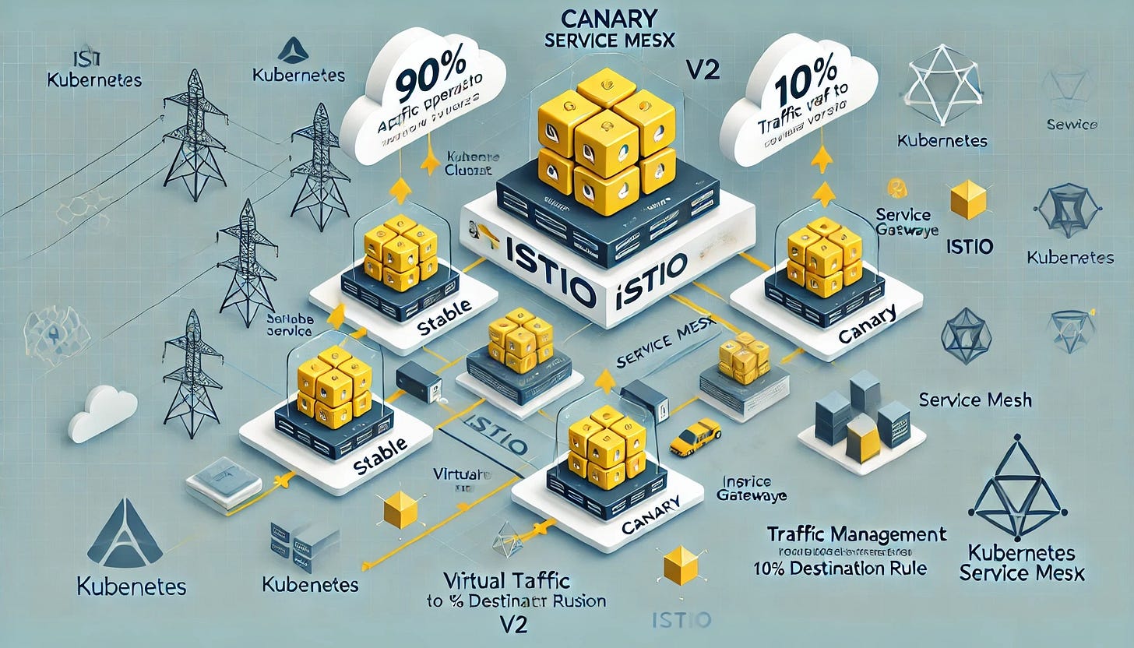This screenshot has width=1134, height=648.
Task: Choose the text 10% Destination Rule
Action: pyautogui.click(x=840, y=568)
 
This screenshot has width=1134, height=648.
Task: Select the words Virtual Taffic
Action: pyautogui.click(x=507, y=580)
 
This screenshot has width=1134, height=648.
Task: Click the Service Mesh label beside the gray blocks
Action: pyautogui.click(x=975, y=400)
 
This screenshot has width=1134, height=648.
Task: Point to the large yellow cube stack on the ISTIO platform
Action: pyautogui.click(x=605, y=144)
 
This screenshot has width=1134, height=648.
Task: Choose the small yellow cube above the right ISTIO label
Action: pyautogui.click(x=968, y=202)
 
